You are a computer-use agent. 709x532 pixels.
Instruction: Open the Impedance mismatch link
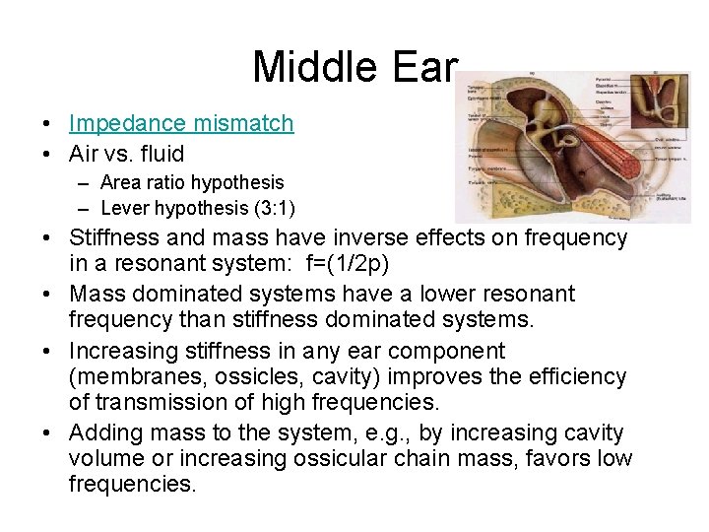(x=181, y=123)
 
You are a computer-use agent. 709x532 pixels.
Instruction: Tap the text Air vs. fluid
(x=126, y=154)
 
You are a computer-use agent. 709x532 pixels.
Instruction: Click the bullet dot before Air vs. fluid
(x=47, y=155)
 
